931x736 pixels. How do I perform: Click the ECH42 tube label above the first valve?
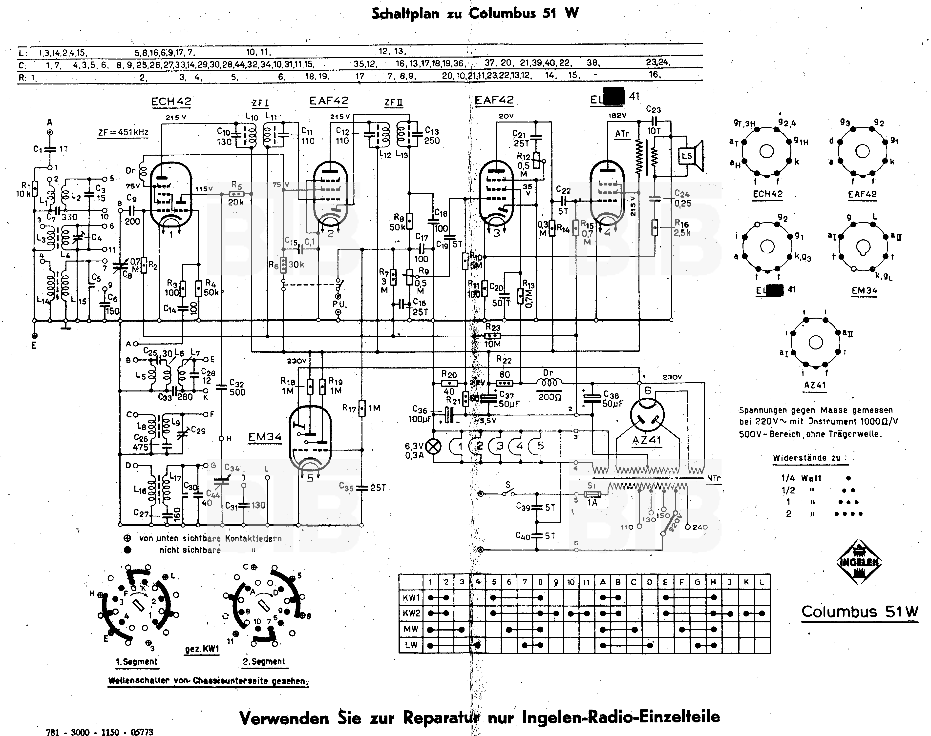171,102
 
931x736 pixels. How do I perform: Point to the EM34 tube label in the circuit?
265,437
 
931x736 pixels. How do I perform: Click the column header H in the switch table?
713,582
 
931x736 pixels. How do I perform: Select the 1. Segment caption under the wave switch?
137,661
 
